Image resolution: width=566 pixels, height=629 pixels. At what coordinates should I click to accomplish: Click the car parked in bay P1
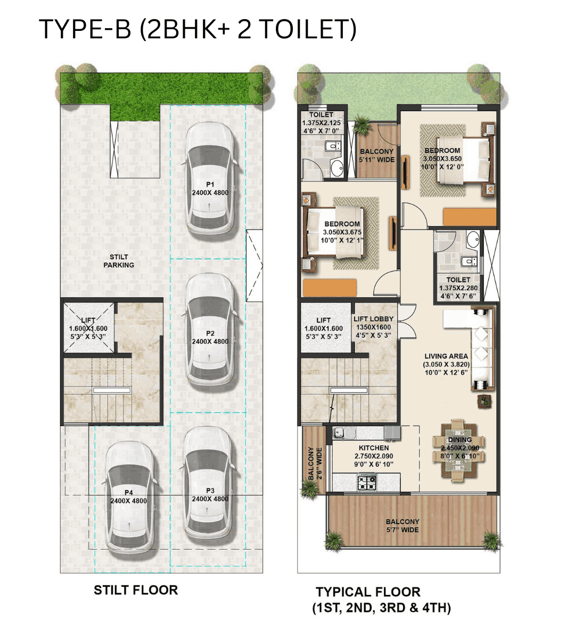click(209, 181)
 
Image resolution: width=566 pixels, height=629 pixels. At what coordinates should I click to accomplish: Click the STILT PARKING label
click(119, 261)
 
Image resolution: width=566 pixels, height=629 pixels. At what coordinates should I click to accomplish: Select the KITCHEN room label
click(373, 448)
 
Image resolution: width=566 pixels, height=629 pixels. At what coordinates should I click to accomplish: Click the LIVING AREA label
click(446, 356)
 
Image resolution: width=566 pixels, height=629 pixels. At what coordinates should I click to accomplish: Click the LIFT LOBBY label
click(373, 319)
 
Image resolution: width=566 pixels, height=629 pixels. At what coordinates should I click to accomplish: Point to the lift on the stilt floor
click(88, 328)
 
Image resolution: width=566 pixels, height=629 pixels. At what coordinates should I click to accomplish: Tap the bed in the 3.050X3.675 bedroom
click(335, 232)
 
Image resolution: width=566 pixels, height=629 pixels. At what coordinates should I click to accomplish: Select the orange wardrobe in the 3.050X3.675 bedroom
click(330, 288)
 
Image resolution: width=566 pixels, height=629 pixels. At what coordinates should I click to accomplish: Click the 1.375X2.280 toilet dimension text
click(458, 288)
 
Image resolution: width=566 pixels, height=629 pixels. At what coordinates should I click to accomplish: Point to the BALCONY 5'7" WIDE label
click(403, 526)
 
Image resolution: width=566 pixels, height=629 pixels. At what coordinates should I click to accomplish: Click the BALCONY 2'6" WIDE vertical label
click(315, 463)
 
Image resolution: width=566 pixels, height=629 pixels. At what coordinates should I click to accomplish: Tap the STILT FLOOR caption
click(136, 590)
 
